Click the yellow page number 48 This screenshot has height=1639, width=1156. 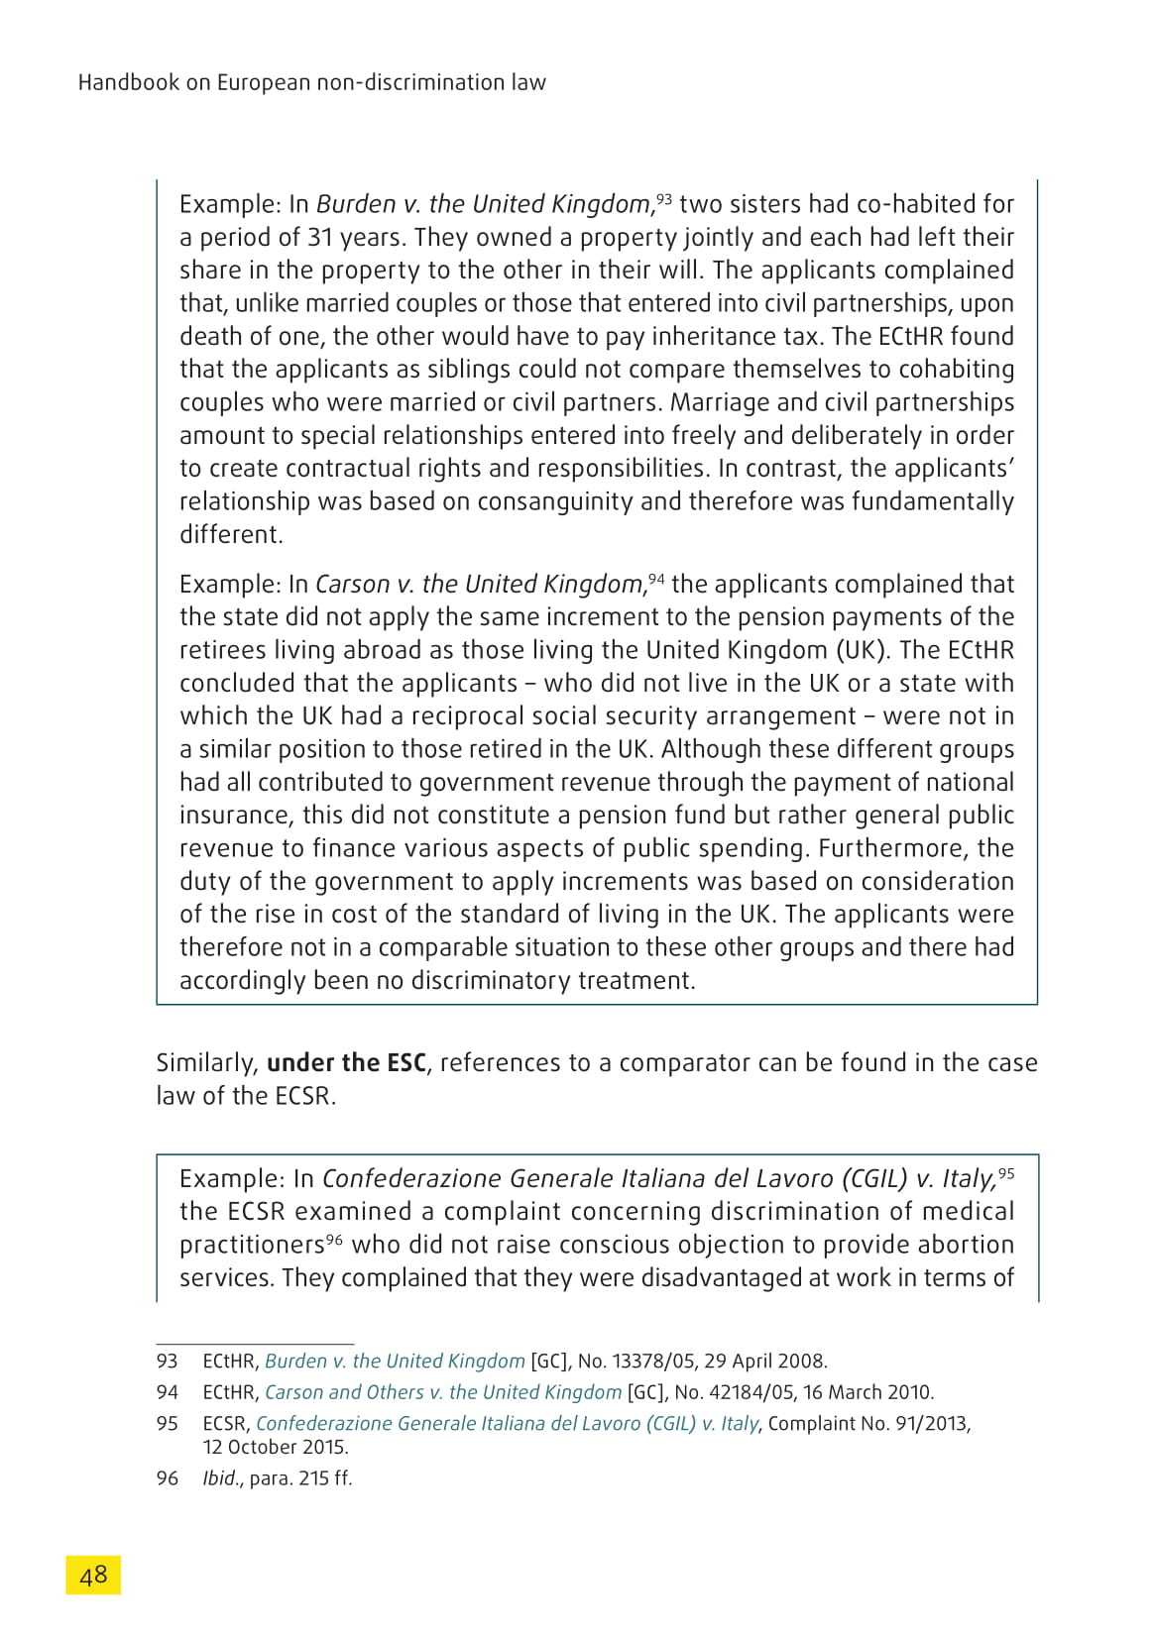pos(93,1575)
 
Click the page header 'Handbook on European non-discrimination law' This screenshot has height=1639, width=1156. pos(311,82)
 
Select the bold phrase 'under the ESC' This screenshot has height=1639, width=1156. pos(346,1063)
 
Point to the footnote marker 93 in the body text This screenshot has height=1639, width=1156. pos(663,199)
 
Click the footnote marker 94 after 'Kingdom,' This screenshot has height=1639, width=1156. pos(656,579)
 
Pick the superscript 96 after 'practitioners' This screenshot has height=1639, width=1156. pos(334,1240)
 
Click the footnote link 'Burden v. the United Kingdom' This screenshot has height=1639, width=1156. pos(395,1362)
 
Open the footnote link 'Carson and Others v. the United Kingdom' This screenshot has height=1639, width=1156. pos(443,1392)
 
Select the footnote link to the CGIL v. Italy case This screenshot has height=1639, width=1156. pos(507,1424)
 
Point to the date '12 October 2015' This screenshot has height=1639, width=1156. pos(276,1447)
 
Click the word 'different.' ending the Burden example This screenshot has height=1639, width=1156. pos(231,535)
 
